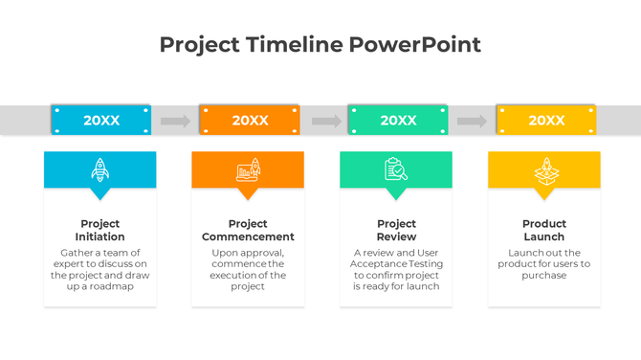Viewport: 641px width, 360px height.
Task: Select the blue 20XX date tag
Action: pyautogui.click(x=101, y=120)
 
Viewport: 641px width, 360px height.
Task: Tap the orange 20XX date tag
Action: pyautogui.click(x=250, y=120)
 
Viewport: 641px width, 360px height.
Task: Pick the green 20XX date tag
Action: pyautogui.click(x=398, y=120)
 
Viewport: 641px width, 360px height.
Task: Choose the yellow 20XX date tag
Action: pyautogui.click(x=546, y=120)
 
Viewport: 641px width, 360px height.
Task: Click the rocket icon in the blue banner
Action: pyautogui.click(x=99, y=169)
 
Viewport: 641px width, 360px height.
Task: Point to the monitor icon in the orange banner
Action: pyautogui.click(x=248, y=169)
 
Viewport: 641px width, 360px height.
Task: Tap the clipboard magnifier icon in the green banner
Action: pyautogui.click(x=396, y=169)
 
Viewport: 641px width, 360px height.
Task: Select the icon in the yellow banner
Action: pyautogui.click(x=544, y=169)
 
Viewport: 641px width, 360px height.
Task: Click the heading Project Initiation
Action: pyautogui.click(x=99, y=230)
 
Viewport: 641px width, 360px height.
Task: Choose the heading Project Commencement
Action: pyautogui.click(x=248, y=230)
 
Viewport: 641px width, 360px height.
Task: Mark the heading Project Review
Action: pyautogui.click(x=396, y=230)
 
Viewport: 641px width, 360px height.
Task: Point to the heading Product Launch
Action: pyautogui.click(x=544, y=230)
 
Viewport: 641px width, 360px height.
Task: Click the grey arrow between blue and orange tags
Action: pyautogui.click(x=175, y=121)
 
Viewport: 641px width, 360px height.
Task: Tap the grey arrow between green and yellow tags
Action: pyautogui.click(x=472, y=121)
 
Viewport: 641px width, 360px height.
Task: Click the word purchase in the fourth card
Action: pyautogui.click(x=544, y=276)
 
